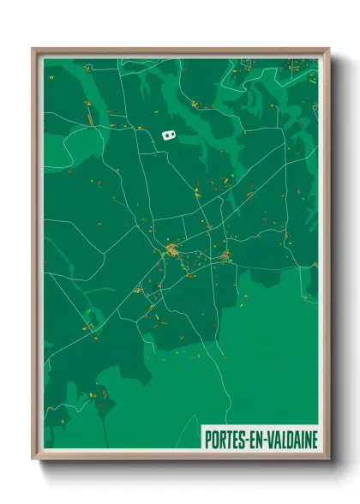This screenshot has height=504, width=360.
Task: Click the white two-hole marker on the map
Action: click(169, 134)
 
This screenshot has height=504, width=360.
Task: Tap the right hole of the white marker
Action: click(172, 134)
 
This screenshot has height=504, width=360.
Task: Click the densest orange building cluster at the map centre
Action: click(171, 251)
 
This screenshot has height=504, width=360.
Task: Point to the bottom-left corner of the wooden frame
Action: click(33, 459)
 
